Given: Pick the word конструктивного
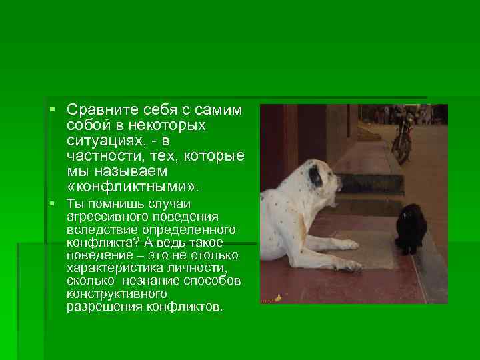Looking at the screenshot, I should coord(116,293).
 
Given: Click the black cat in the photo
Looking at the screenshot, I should coord(409,229).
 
